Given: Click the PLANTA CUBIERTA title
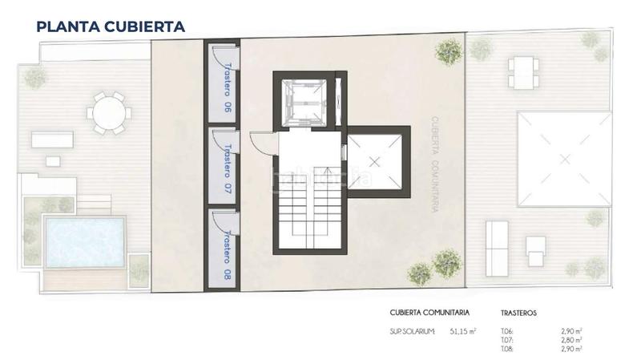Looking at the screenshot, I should pyautogui.click(x=111, y=26).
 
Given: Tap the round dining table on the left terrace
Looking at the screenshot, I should pyautogui.click(x=107, y=113).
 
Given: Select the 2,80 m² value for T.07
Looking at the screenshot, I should pyautogui.click(x=570, y=340).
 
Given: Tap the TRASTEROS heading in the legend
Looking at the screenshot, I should pyautogui.click(x=518, y=313).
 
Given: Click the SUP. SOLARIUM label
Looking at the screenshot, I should pyautogui.click(x=412, y=331).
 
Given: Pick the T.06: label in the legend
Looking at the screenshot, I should pyautogui.click(x=506, y=331).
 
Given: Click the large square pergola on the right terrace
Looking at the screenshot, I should pyautogui.click(x=565, y=160).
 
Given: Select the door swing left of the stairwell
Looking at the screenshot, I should pyautogui.click(x=260, y=144).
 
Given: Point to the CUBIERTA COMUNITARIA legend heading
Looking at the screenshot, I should pyautogui.click(x=429, y=313).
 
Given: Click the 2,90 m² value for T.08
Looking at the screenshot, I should pyautogui.click(x=570, y=349).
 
